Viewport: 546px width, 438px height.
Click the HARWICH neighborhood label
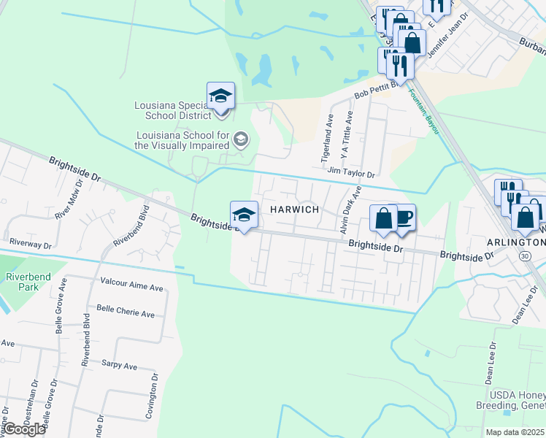point(295,210)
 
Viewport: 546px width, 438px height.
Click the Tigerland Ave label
point(327,139)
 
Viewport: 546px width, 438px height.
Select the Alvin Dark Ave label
point(349,210)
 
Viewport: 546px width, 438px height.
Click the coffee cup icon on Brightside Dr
point(404,216)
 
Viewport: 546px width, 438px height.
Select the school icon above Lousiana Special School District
point(220,95)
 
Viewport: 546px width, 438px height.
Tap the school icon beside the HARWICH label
point(244,214)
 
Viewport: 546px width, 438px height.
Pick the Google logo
point(23,429)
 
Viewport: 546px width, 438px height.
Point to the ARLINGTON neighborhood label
point(515,242)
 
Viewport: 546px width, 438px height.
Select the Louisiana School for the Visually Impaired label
point(182,140)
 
